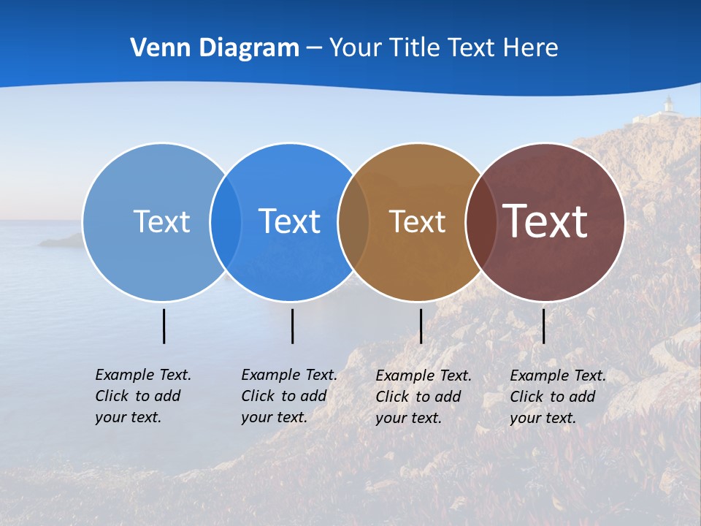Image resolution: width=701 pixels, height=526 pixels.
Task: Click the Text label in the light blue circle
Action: tap(161, 221)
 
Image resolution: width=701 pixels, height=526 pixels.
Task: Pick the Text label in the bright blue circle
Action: tap(289, 221)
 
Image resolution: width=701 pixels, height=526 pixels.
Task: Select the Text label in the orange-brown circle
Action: tap(417, 221)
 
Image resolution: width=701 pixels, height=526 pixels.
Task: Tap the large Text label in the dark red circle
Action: tap(545, 221)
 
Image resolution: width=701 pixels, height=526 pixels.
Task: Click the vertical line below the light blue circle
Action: tap(164, 326)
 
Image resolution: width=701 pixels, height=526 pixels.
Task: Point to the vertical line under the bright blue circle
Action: tap(292, 326)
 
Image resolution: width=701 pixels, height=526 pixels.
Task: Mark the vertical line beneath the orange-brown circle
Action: tap(421, 326)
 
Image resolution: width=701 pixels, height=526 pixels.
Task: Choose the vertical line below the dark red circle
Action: tap(543, 326)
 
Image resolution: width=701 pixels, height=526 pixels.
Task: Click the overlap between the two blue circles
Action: tap(226, 221)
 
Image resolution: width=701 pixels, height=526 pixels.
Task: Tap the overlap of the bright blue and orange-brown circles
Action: tap(353, 221)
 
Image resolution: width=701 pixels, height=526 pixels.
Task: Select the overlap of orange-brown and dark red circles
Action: tap(481, 221)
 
